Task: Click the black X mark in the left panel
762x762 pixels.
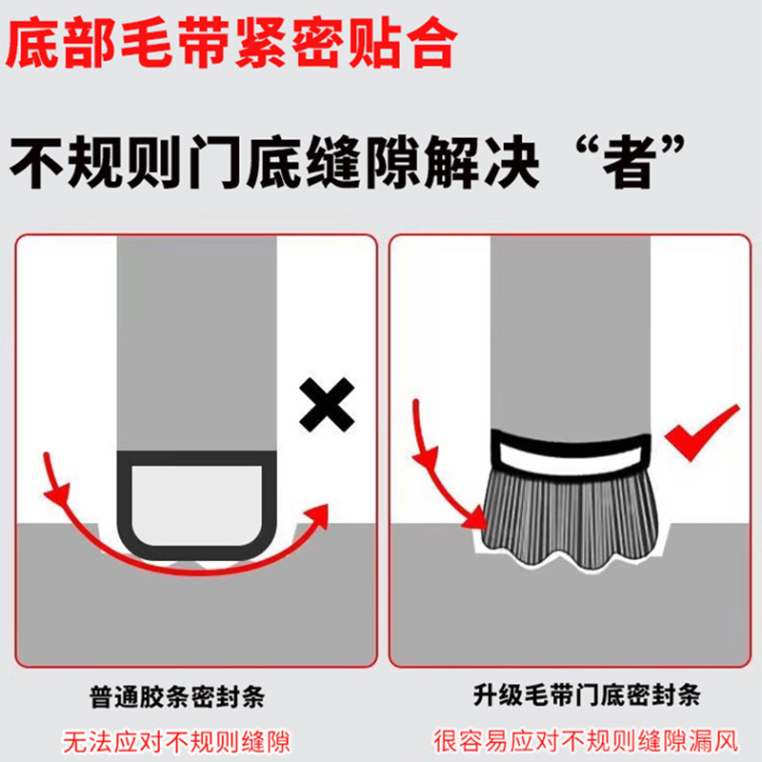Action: point(326,404)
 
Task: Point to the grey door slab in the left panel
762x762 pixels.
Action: point(195,343)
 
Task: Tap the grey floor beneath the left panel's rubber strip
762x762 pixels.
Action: point(195,610)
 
